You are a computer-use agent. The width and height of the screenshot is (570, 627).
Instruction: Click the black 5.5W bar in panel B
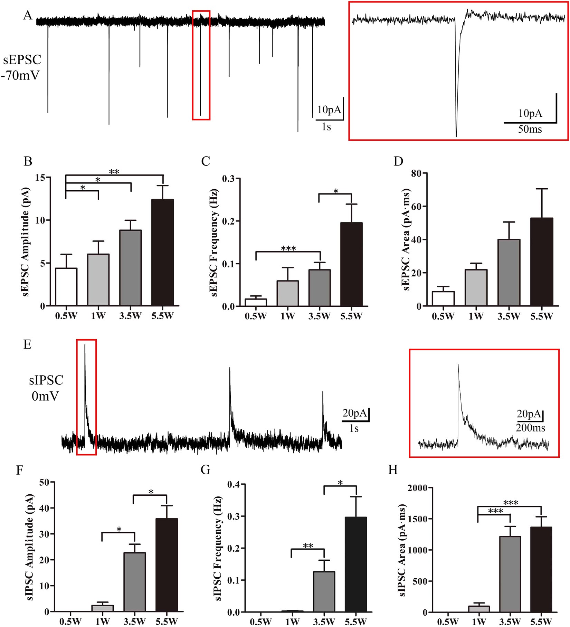coord(162,252)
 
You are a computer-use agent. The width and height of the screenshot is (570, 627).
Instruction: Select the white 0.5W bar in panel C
coord(256,302)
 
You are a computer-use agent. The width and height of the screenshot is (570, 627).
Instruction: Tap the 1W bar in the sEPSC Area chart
coord(476,287)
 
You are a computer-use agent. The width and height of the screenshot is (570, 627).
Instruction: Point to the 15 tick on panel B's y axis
coord(42,178)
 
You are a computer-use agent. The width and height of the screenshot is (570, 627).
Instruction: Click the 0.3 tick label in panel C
coord(228,179)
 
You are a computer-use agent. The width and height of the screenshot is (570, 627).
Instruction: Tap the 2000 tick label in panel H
coord(417,488)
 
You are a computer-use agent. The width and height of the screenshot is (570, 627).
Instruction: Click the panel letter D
coord(398,161)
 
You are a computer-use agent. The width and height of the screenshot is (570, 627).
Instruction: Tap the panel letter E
coord(27,344)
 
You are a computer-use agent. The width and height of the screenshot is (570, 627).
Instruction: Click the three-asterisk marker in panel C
coord(288,249)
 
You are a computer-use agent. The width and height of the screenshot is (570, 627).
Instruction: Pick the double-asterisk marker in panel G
coord(308,546)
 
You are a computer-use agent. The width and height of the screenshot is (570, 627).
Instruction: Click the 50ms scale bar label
coord(530,130)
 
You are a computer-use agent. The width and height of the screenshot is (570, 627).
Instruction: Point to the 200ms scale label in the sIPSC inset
coord(530,428)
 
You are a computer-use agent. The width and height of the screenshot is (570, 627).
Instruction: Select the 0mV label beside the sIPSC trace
coord(45,396)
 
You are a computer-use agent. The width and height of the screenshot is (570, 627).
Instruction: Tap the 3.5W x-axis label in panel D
coord(509,316)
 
